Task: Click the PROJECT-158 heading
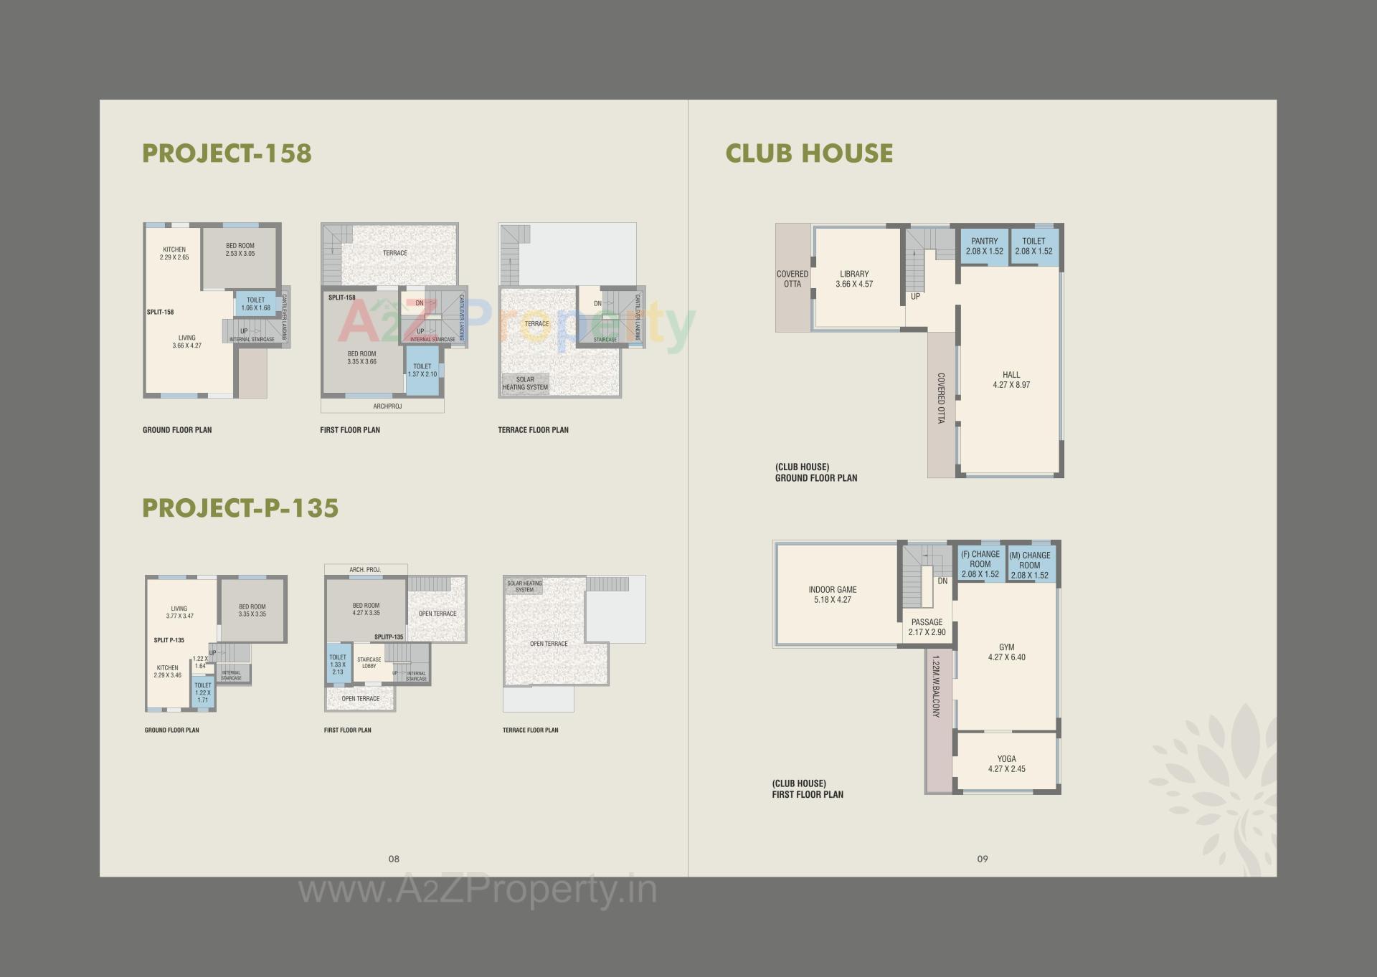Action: click(x=227, y=153)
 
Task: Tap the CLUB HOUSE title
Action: click(x=809, y=153)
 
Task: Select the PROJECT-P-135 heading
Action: click(x=240, y=508)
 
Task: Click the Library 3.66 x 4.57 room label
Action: click(x=854, y=279)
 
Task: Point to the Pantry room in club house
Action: click(x=984, y=246)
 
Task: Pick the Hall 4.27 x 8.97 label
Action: click(x=1011, y=380)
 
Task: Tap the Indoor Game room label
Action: click(x=832, y=595)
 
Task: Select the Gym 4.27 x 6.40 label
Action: click(x=1006, y=652)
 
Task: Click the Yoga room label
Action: click(x=1006, y=763)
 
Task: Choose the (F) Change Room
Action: click(x=980, y=564)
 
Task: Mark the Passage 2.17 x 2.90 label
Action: click(x=927, y=627)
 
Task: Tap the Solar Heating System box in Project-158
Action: click(x=525, y=383)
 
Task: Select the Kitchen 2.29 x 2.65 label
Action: click(x=174, y=253)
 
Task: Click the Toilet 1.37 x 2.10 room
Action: click(x=422, y=371)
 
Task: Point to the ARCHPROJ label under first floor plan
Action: click(x=387, y=406)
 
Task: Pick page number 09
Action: click(x=983, y=859)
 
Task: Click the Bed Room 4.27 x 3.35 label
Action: click(x=366, y=609)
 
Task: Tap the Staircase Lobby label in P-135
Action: click(x=369, y=662)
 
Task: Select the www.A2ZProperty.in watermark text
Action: click(x=477, y=890)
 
